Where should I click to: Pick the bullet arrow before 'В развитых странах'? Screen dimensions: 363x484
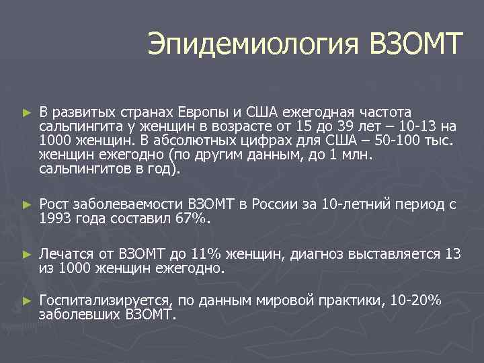pos(27,111)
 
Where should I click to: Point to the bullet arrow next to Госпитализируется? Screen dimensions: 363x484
pos(27,301)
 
